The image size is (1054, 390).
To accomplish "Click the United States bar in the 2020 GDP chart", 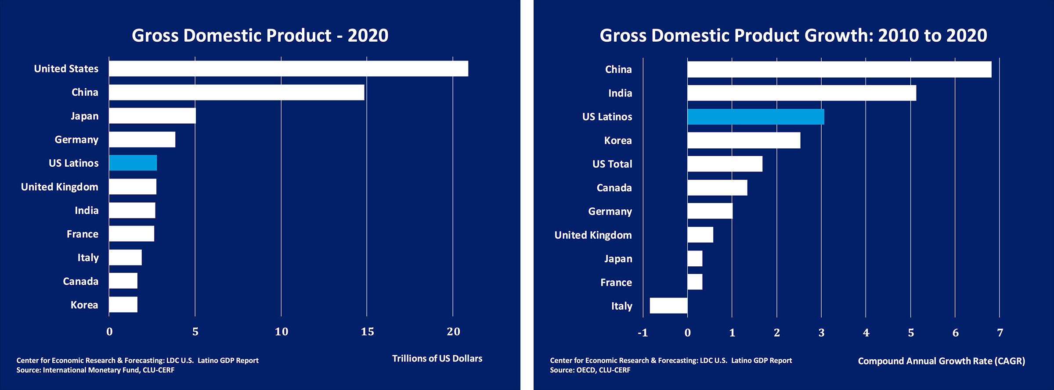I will (x=289, y=69).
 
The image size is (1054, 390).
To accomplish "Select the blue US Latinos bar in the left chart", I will (x=133, y=163).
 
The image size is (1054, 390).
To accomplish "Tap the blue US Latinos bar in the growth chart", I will (x=755, y=117).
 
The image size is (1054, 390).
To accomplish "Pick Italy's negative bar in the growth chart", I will (x=668, y=306).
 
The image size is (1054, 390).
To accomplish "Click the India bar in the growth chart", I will (x=801, y=93).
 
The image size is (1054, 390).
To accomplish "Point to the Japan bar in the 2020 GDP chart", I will (x=152, y=116).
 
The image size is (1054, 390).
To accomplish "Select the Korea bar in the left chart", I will (x=123, y=304).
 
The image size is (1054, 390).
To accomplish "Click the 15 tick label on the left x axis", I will (x=367, y=332).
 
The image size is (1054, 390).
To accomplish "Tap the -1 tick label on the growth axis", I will (x=643, y=333).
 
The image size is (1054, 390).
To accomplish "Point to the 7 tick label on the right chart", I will (x=1000, y=333).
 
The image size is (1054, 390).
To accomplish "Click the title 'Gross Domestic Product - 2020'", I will (x=260, y=36).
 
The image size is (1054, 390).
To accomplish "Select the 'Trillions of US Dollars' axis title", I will (x=437, y=358).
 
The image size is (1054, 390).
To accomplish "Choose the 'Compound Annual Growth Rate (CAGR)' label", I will (x=941, y=361).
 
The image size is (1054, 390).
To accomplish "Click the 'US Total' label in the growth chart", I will (x=612, y=164).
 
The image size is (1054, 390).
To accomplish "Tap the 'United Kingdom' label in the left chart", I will (x=60, y=187).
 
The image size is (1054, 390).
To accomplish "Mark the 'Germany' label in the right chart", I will (x=610, y=211).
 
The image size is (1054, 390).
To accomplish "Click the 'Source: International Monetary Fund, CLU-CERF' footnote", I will (x=95, y=370).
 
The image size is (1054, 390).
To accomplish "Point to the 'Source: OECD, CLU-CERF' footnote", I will (x=590, y=370).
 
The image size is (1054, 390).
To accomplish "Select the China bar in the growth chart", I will (x=839, y=69).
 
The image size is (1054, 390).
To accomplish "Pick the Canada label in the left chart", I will (x=80, y=281).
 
